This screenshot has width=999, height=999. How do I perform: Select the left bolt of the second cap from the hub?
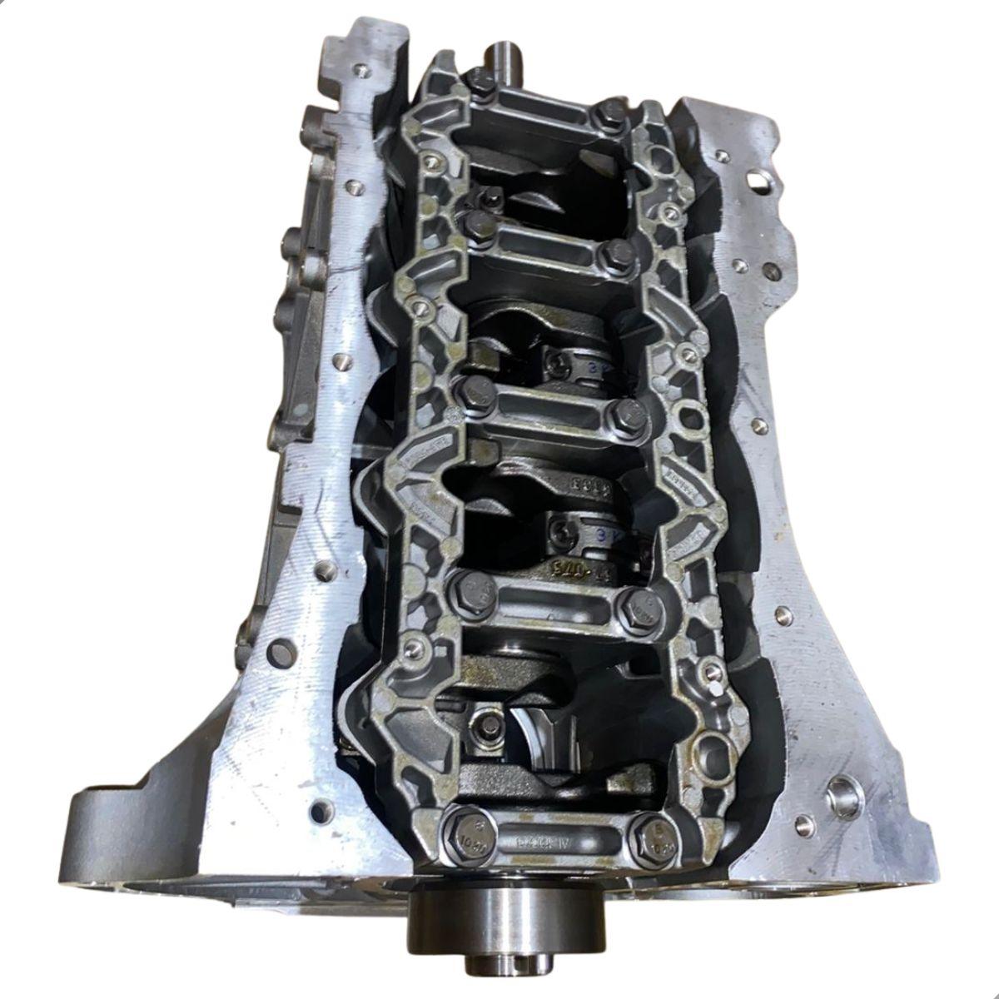(x=465, y=589)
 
